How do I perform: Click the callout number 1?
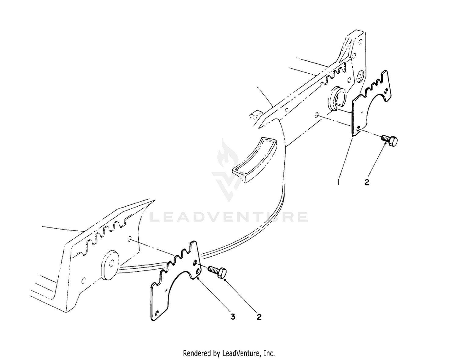coord(338,182)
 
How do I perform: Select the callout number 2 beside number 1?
coord(367,182)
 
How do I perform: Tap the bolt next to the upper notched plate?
coord(389,140)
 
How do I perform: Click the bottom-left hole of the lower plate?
coord(157,318)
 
